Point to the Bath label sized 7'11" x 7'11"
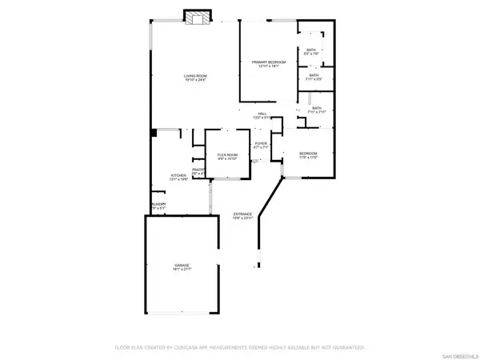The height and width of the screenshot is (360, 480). [317, 109]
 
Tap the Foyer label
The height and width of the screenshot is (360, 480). [261, 144]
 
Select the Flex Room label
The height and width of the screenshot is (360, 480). [227, 155]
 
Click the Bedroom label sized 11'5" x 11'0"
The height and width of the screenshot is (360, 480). [309, 154]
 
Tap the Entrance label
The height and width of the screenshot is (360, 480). [242, 214]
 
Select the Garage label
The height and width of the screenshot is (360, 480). [182, 265]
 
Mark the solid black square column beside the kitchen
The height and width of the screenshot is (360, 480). [152, 132]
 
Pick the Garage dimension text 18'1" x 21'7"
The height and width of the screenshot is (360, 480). [182, 270]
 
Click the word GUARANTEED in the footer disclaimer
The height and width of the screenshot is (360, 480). [348, 348]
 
